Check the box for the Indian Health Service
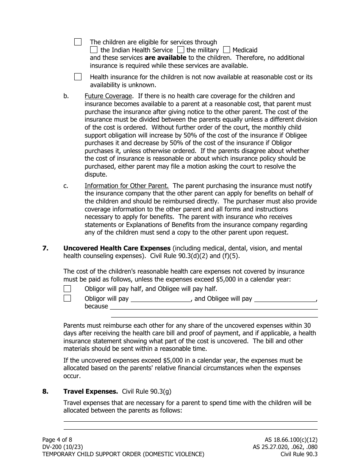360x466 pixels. [x=94, y=50]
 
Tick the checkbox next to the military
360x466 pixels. [x=181, y=50]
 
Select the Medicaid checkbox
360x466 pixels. [x=227, y=50]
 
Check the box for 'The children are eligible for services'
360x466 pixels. [x=78, y=42]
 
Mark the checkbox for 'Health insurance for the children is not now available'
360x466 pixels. [x=78, y=77]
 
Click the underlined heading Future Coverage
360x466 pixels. [x=108, y=96]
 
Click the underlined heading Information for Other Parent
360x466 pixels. [x=127, y=186]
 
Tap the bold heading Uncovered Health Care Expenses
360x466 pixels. [x=117, y=248]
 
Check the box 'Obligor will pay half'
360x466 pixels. [x=67, y=289]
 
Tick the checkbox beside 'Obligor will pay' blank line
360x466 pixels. [x=67, y=298]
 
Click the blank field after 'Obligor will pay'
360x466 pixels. [x=161, y=299]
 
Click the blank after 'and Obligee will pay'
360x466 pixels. [x=285, y=299]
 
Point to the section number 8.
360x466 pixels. [x=45, y=391]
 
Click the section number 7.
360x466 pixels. [x=45, y=248]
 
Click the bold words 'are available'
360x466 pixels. [x=166, y=58]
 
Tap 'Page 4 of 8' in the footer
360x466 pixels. [x=57, y=439]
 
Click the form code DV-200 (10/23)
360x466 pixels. [x=63, y=447]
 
